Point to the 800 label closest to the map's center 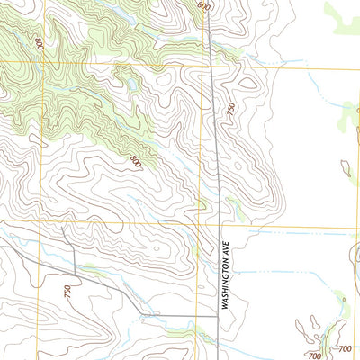pos(136,162)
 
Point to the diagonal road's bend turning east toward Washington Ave pos(139,314)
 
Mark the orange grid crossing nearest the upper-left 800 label pos(40,62)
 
